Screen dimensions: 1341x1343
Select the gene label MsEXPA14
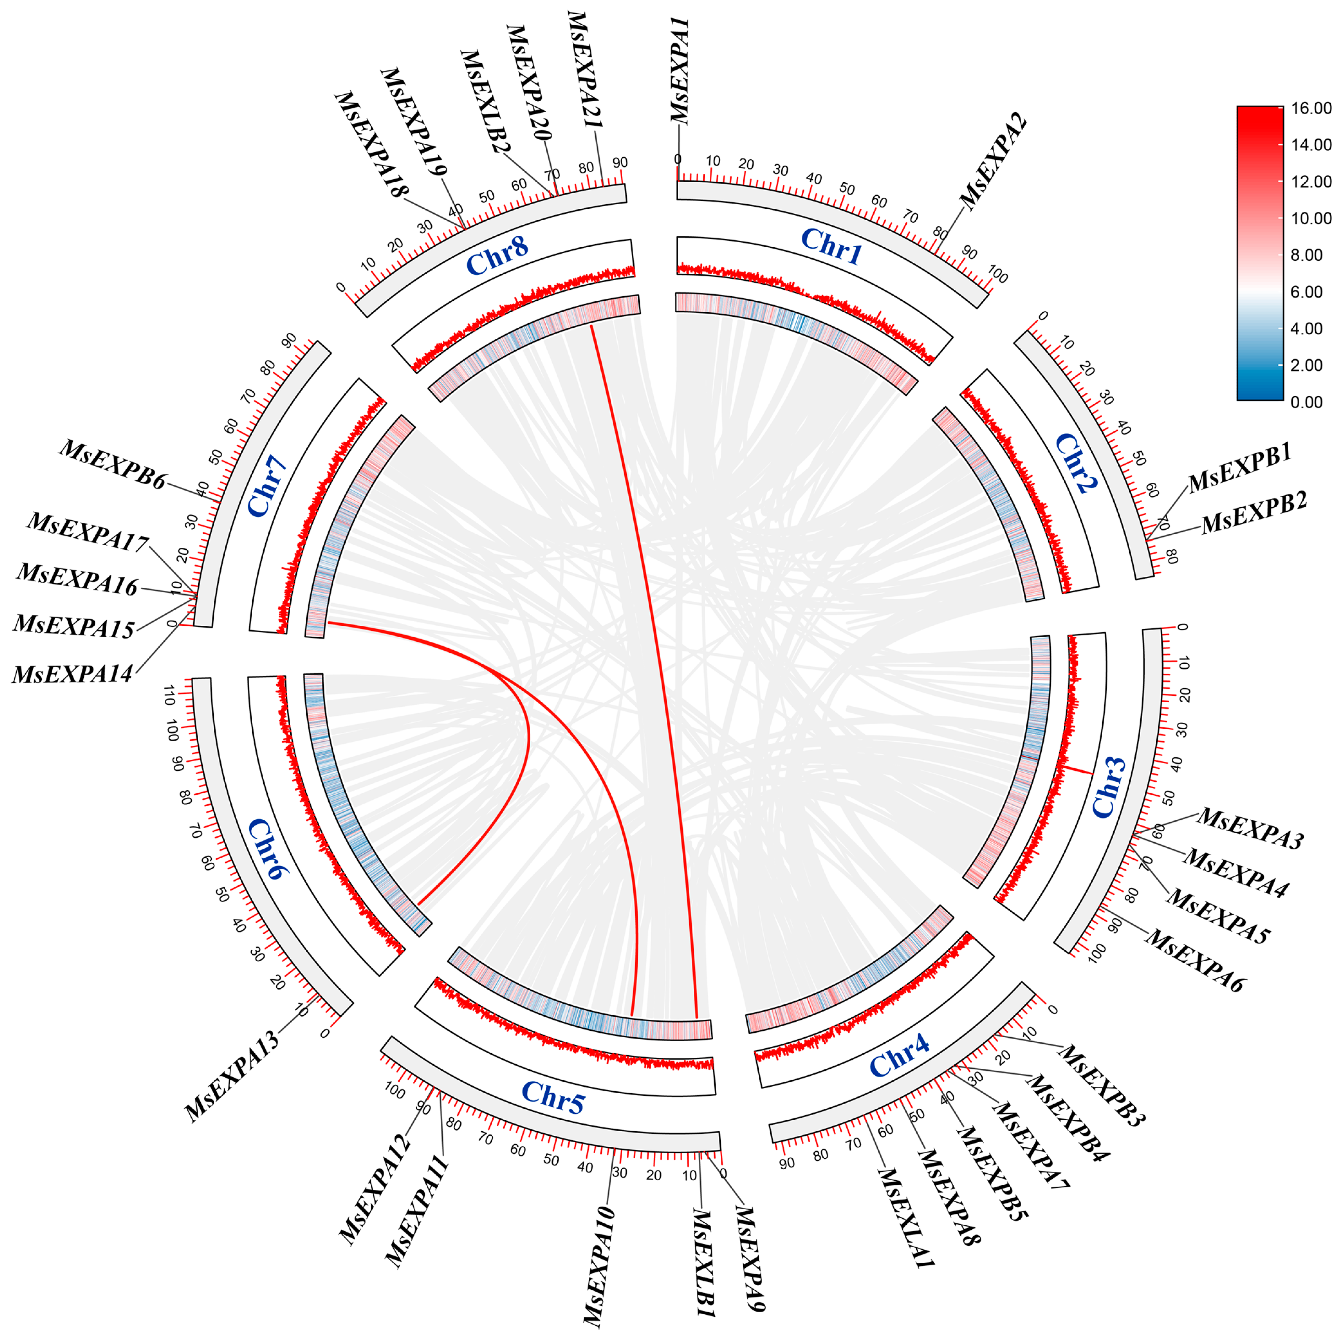72,674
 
